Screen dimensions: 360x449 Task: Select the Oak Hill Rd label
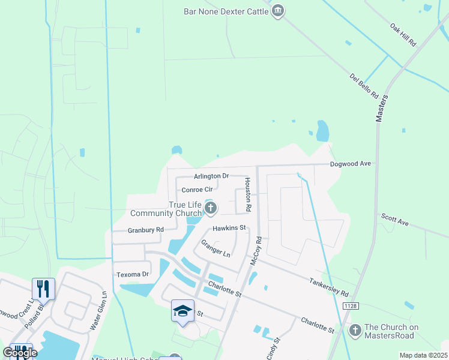(x=403, y=35)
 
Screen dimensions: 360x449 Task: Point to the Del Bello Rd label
(x=364, y=86)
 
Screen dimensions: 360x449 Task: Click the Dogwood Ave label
(x=351, y=164)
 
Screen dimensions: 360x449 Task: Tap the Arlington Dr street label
(x=211, y=176)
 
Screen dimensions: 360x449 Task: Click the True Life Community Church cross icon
(x=210, y=208)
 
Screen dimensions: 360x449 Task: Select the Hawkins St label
(x=229, y=228)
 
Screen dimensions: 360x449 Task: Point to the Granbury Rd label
(x=146, y=230)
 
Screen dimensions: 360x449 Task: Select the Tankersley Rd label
(x=328, y=287)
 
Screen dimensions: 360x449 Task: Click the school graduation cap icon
(x=182, y=310)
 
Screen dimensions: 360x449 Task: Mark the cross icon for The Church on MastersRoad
(x=355, y=330)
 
